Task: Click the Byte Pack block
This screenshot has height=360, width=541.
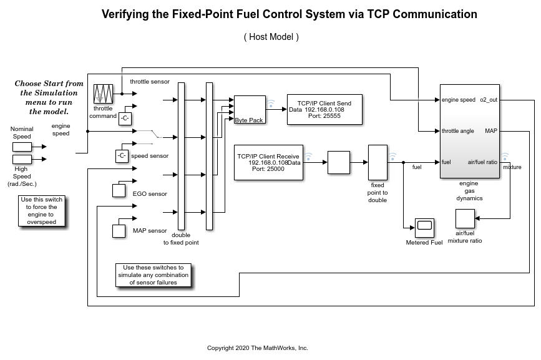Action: tap(249, 110)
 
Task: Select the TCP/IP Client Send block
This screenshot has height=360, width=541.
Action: tap(324, 109)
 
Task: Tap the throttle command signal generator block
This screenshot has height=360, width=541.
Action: tap(102, 94)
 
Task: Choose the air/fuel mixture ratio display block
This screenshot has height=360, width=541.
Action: tap(464, 219)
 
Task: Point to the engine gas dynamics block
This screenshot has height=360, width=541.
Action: tap(469, 131)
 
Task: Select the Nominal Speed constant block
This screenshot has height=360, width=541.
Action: tap(22, 147)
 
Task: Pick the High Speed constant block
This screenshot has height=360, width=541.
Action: tap(22, 159)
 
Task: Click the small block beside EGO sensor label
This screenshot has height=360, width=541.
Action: tap(119, 190)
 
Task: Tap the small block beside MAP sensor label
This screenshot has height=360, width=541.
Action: tap(119, 231)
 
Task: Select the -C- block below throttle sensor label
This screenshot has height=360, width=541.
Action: tap(125, 118)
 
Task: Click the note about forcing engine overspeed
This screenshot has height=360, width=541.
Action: tap(41, 211)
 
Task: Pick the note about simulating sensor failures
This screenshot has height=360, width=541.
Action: tap(154, 275)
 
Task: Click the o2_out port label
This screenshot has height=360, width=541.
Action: tap(489, 100)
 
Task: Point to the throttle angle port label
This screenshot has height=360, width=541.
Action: tap(458, 131)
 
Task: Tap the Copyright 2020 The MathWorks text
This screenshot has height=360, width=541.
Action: tap(258, 348)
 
